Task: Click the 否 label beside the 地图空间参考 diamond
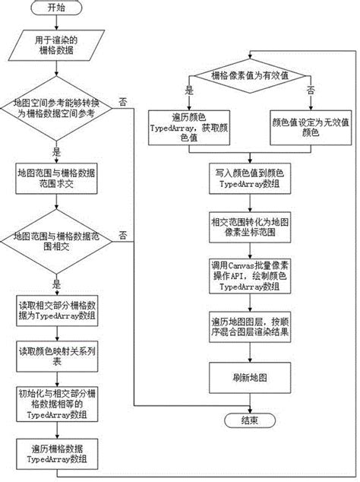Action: pyautogui.click(x=122, y=100)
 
